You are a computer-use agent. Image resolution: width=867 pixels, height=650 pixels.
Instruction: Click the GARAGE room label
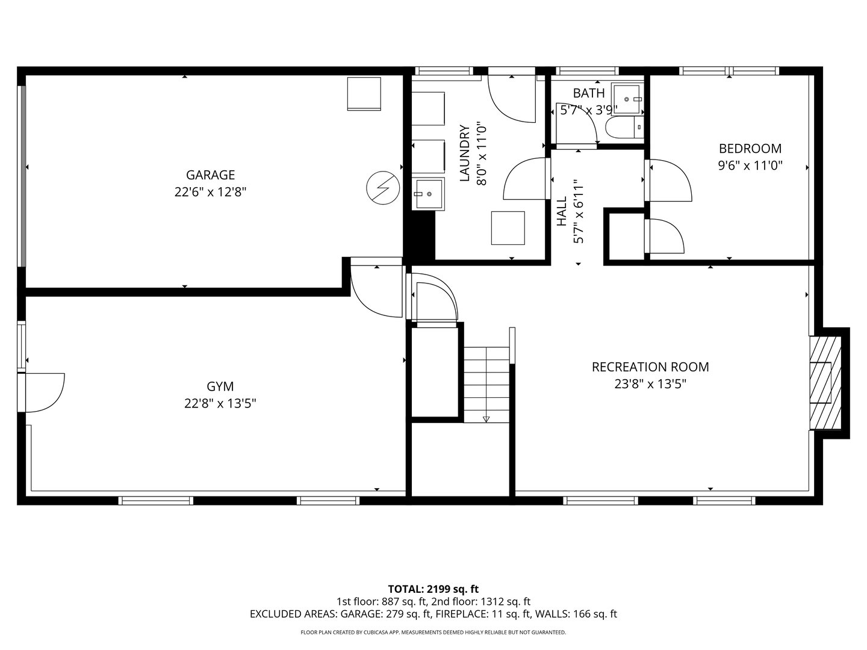coord(210,175)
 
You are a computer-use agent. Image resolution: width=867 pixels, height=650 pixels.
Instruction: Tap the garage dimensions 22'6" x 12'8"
coord(210,192)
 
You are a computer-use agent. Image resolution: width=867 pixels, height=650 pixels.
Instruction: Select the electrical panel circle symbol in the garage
coord(383,188)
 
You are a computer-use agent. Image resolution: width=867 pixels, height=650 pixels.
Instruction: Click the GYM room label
coord(220,386)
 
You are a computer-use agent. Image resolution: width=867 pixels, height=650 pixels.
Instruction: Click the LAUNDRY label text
coord(464,153)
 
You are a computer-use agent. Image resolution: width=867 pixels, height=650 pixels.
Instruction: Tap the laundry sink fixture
coord(427,194)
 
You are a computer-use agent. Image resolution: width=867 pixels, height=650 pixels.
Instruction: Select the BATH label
coord(588,93)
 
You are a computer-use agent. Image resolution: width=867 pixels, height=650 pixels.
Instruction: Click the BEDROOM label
coord(750,149)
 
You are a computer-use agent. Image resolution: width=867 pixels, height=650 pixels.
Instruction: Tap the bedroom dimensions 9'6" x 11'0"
coord(750,166)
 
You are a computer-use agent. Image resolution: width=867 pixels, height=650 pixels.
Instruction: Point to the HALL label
coord(562,212)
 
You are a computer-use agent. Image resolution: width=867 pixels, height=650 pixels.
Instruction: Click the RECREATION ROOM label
coord(650,367)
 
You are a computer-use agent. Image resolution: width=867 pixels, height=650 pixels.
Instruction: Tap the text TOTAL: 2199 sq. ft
coord(433,589)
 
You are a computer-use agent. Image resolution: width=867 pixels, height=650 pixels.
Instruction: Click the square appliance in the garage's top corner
coord(364,94)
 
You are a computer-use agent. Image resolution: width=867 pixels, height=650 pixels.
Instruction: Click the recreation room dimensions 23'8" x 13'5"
coord(650,384)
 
